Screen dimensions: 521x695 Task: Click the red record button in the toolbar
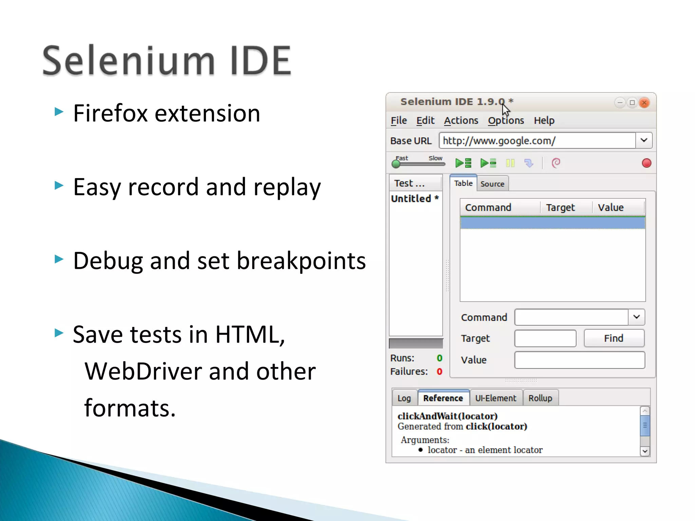click(x=646, y=163)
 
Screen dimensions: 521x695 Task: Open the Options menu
click(x=506, y=120)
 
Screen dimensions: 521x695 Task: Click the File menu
click(x=398, y=120)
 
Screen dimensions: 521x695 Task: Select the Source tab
click(x=492, y=184)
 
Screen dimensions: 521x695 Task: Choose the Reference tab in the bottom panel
click(x=443, y=398)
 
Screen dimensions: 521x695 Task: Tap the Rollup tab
click(x=540, y=398)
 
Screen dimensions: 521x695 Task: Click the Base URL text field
click(x=537, y=140)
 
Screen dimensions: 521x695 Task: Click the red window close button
click(x=644, y=102)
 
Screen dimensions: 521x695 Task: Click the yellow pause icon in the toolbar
click(x=510, y=163)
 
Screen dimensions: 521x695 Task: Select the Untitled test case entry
click(x=414, y=198)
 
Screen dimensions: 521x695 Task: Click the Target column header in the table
click(x=560, y=207)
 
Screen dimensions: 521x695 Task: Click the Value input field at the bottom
click(x=579, y=360)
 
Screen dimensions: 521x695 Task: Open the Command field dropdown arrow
click(x=636, y=317)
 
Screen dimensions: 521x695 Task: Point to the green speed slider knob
click(x=396, y=164)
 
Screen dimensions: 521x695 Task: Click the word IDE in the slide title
click(x=260, y=61)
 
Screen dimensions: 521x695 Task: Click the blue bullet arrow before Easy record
click(x=59, y=185)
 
